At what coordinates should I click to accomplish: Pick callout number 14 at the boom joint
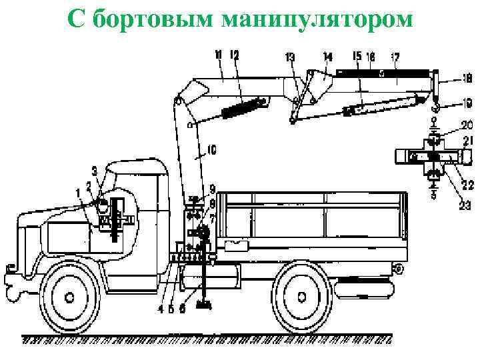(x=327, y=57)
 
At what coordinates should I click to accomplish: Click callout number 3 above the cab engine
(x=95, y=171)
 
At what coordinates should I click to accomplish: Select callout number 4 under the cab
(x=160, y=309)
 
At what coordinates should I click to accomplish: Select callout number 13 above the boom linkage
(x=289, y=57)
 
